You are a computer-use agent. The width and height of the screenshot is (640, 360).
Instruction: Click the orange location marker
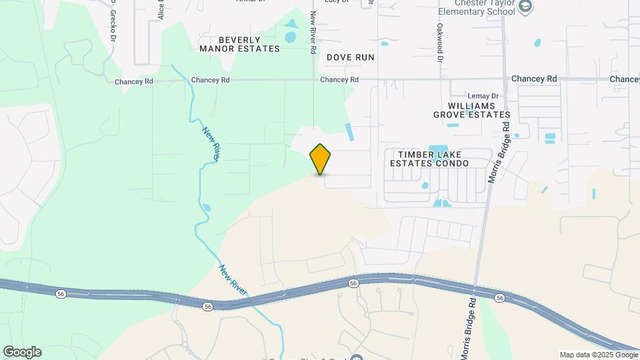coord(321,159)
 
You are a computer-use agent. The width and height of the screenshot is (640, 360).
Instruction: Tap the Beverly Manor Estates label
coord(239,44)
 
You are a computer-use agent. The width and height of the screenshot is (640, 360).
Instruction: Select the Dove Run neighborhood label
coord(350,57)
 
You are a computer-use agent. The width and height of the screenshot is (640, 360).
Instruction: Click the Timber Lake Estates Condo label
coord(429,159)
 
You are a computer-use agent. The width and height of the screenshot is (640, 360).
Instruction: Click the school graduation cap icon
coord(526,6)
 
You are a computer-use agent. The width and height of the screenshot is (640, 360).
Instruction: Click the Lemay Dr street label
coord(483,96)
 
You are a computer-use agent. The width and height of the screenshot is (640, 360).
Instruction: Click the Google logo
coord(22,351)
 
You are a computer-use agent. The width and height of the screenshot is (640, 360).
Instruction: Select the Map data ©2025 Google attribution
coord(598,355)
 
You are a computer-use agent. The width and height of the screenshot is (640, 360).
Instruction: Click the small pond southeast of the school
coord(537,44)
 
